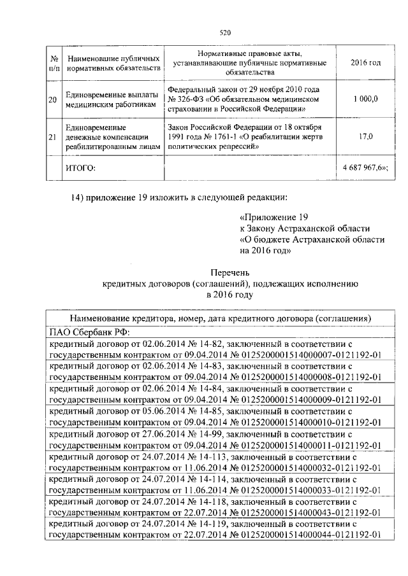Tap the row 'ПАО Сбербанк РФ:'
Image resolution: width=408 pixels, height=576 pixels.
(x=89, y=331)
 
